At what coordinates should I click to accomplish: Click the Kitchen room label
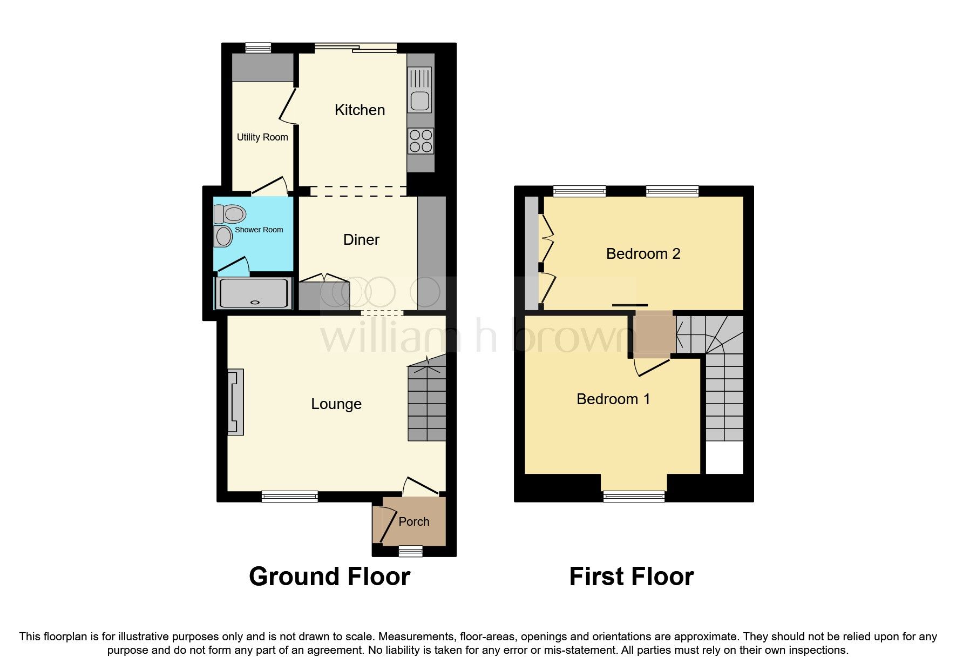point(360,110)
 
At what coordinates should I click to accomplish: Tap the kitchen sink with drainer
point(420,90)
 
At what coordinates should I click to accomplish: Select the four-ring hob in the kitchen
point(421,140)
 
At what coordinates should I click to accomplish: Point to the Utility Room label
point(262,137)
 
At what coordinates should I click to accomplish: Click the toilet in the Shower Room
point(230,214)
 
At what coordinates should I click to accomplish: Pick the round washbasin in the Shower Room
point(223,237)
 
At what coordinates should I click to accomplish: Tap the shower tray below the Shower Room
point(253,293)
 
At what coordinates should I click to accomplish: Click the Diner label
point(361,240)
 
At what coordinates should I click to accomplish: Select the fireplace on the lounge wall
point(235,402)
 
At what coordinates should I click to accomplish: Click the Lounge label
point(336,404)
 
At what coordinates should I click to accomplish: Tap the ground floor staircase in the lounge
point(426,403)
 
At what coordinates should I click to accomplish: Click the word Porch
point(413,522)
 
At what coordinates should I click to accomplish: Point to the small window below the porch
point(410,551)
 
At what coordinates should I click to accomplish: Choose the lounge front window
point(289,496)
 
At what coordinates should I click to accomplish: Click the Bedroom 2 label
point(642,254)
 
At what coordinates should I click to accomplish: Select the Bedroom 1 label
point(613,399)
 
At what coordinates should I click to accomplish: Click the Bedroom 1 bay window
point(634,496)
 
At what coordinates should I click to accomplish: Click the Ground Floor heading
point(329,577)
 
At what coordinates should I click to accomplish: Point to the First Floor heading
point(631,577)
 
